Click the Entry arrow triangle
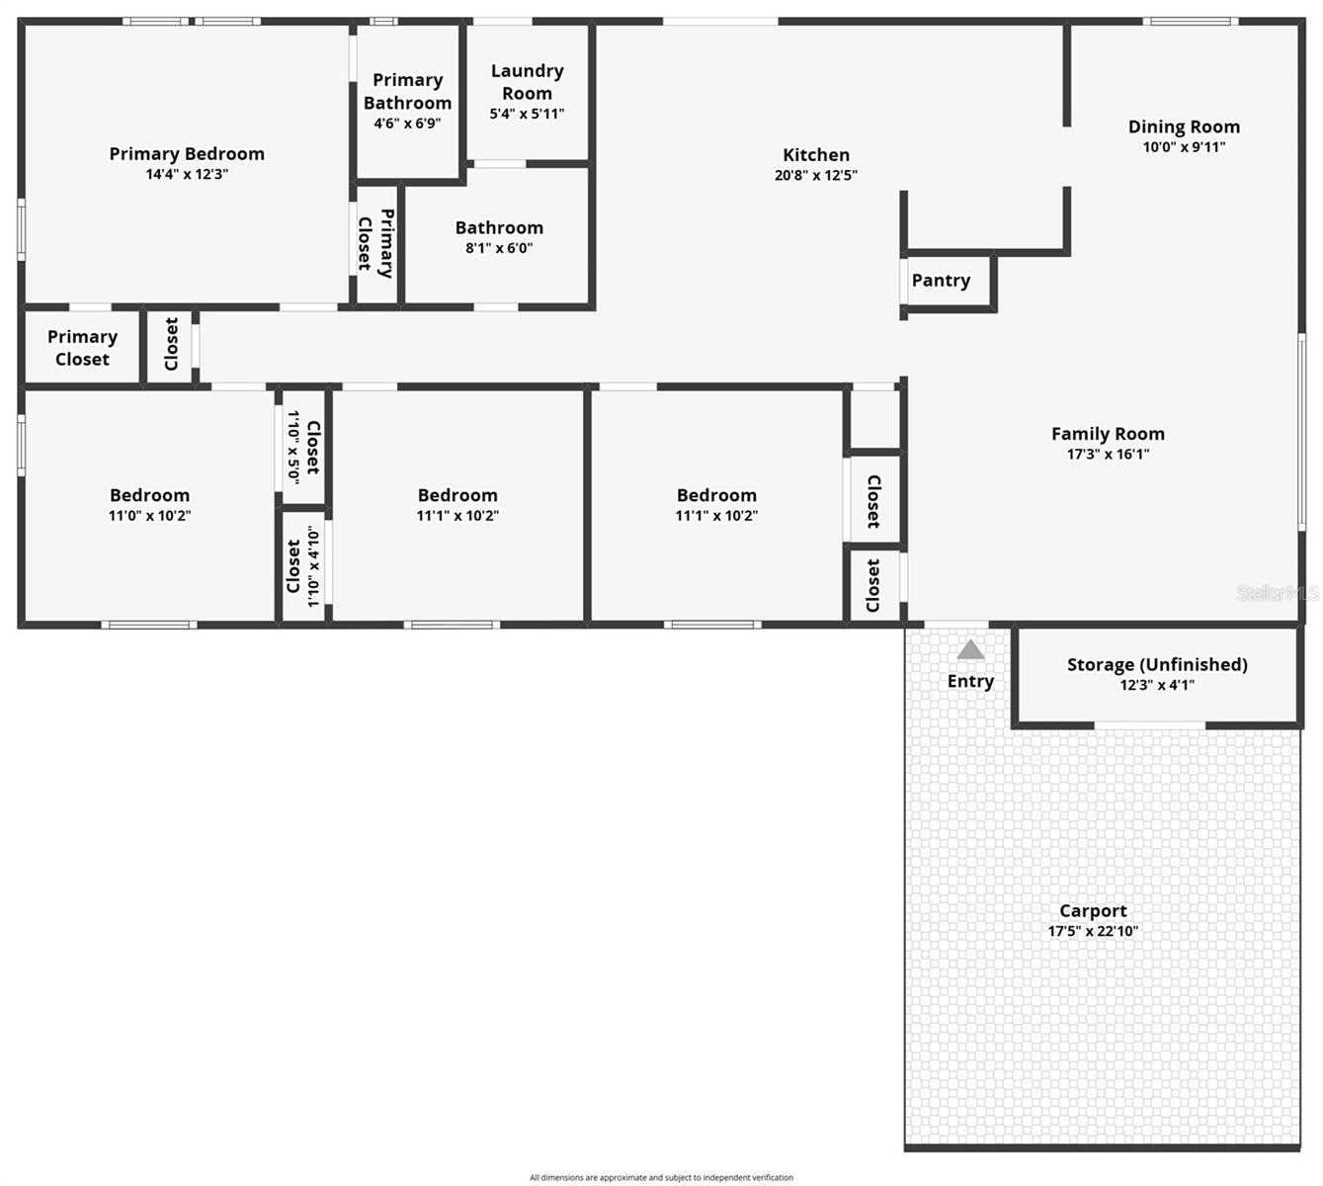click(970, 650)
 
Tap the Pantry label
click(941, 281)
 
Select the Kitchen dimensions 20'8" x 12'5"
click(815, 176)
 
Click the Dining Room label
click(1184, 127)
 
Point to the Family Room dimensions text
click(1108, 455)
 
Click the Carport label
click(1093, 911)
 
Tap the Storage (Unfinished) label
click(1157, 665)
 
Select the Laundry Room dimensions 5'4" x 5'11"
click(527, 114)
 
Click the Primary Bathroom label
click(407, 91)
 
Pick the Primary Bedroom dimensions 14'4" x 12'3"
click(187, 175)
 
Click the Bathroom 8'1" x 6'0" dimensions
click(499, 249)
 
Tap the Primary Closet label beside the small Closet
click(82, 348)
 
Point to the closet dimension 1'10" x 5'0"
click(292, 447)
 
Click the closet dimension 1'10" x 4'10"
click(313, 566)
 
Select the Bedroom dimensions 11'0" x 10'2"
click(149, 516)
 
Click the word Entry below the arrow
click(970, 681)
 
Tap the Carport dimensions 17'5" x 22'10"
click(1093, 931)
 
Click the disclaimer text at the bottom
click(661, 1177)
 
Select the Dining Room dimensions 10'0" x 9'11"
click(1184, 147)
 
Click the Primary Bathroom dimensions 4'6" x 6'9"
click(407, 124)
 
